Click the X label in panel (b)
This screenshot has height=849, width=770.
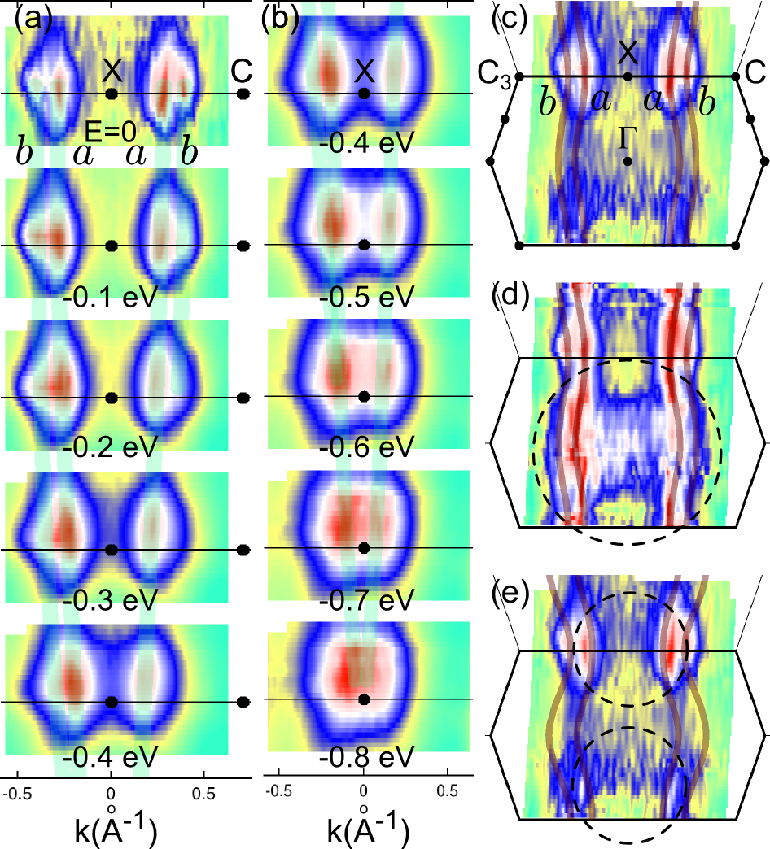pyautogui.click(x=365, y=71)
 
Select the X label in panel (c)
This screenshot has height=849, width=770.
pyautogui.click(x=627, y=53)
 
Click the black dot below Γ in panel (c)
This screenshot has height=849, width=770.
pyautogui.click(x=628, y=162)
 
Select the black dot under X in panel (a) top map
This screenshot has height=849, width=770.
pyautogui.click(x=112, y=94)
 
